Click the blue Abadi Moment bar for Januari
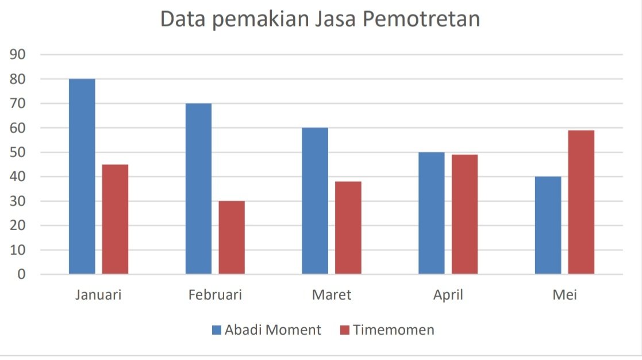tap(82, 176)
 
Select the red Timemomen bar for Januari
tap(115, 219)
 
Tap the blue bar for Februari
tap(199, 189)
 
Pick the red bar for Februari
tap(232, 237)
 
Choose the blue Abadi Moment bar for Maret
tap(315, 201)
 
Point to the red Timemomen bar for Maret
tap(348, 228)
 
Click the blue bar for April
tap(432, 213)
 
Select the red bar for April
tap(465, 214)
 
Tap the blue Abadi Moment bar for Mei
tap(548, 225)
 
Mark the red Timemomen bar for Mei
tap(581, 202)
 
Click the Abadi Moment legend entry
tap(267, 330)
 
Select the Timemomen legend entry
tap(387, 330)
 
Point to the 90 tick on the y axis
tap(18, 54)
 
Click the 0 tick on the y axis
tap(21, 274)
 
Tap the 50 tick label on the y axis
tap(18, 152)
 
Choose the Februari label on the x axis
tap(215, 295)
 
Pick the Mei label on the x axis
tap(564, 295)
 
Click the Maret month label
tap(332, 295)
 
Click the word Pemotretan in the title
tap(421, 19)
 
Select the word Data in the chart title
tap(183, 19)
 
